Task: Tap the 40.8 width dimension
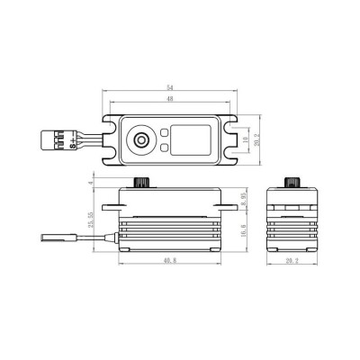(x=170, y=262)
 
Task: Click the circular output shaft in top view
(x=140, y=139)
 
